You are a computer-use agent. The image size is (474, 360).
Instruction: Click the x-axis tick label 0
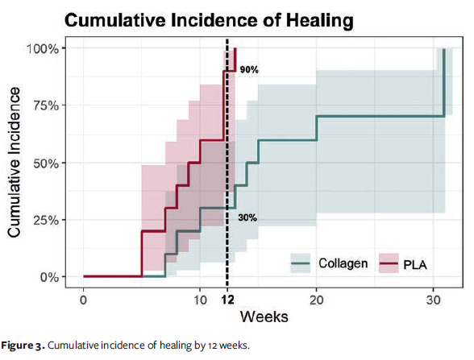coord(84,299)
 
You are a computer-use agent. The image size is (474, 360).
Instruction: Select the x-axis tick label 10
coord(203,299)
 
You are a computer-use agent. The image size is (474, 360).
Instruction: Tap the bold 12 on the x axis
coord(227,299)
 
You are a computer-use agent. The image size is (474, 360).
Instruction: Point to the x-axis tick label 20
coord(317,299)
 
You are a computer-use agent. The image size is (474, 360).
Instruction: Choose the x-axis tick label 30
coord(431,299)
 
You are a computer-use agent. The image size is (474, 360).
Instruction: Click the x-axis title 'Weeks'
coord(262,316)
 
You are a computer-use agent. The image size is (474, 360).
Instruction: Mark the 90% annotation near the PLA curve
coord(248,70)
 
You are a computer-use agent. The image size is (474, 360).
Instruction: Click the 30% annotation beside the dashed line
coord(247,217)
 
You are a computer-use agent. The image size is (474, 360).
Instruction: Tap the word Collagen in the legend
coord(343,263)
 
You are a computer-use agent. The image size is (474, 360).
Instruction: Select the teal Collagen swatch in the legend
coord(301,263)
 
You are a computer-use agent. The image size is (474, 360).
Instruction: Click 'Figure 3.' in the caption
coord(23,346)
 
